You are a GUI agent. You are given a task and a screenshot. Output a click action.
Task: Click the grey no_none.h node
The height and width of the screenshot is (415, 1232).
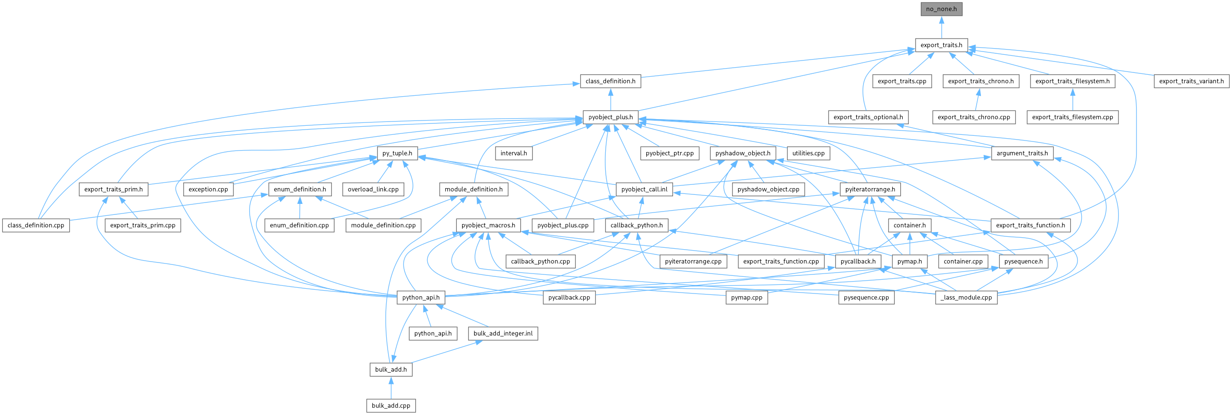[941, 9]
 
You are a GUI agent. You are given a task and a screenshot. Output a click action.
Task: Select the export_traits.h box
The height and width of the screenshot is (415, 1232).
[941, 45]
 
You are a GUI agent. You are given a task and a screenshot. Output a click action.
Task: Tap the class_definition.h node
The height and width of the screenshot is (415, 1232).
[610, 81]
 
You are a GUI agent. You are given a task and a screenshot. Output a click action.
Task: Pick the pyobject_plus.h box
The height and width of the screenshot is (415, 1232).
[610, 117]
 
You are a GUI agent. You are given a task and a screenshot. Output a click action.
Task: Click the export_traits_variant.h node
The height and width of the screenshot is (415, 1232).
[1191, 81]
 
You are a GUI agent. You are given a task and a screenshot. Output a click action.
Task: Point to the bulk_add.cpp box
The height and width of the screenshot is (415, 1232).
[391, 405]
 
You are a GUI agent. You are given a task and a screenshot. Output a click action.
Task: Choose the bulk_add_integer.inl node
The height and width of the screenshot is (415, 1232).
[503, 334]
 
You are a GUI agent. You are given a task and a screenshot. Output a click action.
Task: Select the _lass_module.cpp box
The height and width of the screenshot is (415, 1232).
[966, 297]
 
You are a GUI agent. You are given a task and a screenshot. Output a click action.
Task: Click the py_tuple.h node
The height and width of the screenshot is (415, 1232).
[397, 153]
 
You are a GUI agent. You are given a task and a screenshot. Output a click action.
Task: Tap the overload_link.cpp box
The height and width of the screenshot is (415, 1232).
[373, 189]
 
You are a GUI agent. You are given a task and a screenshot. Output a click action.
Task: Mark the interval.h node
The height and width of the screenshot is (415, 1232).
[514, 153]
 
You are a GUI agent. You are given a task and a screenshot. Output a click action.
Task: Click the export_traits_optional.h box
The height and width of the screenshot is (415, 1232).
[868, 117]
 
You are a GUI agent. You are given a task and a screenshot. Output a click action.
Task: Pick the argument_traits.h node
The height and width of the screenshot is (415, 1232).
[1022, 153]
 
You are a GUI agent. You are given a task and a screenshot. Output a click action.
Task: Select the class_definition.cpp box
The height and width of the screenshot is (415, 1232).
[36, 225]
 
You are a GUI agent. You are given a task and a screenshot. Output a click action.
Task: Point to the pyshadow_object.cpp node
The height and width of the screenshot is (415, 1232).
[768, 189]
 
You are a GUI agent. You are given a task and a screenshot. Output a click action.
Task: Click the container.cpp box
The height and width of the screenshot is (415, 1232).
[963, 261]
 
